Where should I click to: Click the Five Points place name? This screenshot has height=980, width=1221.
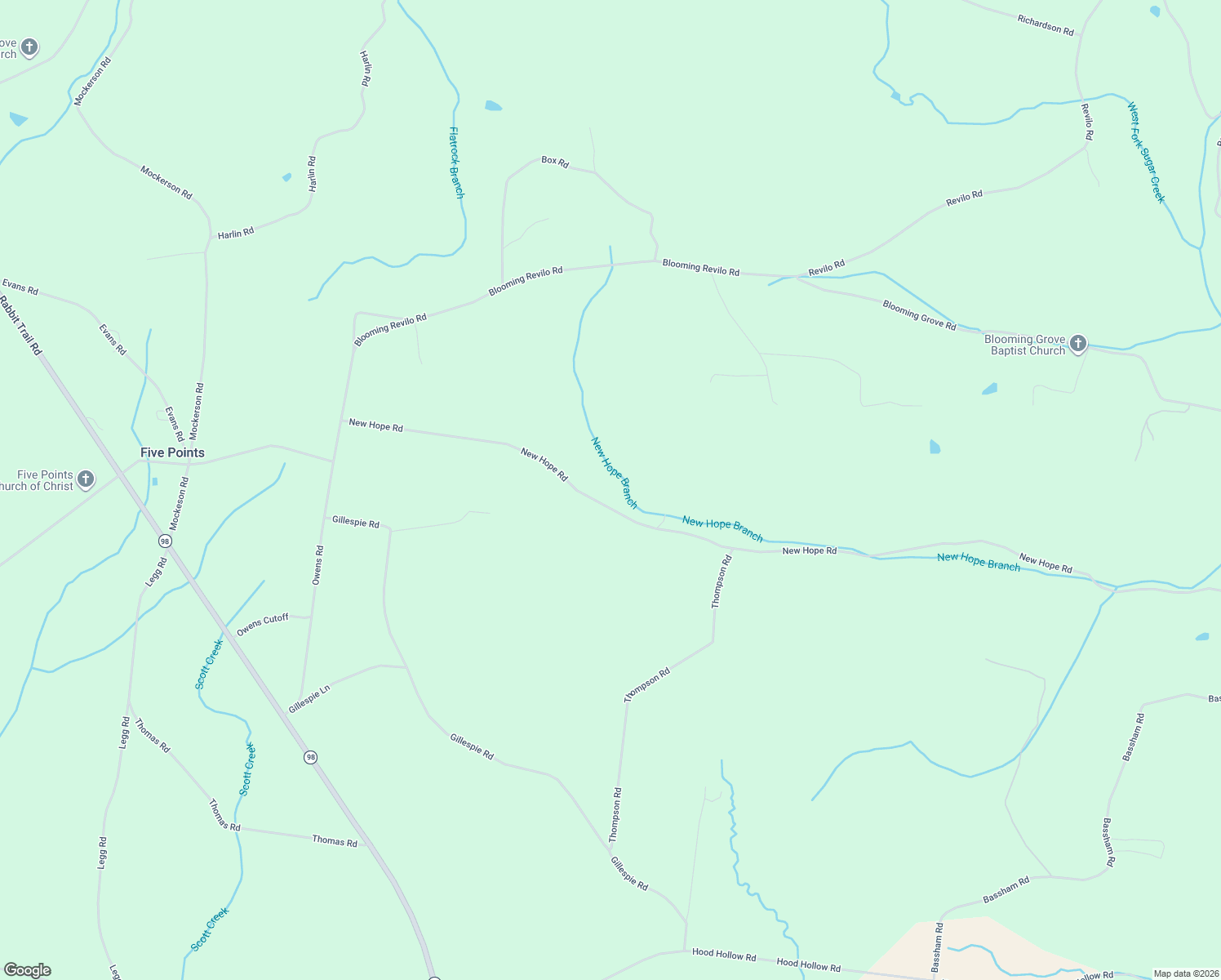tap(172, 452)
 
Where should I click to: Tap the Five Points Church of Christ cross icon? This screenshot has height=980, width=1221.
tap(86, 480)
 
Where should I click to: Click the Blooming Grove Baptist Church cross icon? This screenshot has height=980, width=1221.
tap(1077, 344)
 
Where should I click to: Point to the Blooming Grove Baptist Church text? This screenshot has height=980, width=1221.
tap(1025, 345)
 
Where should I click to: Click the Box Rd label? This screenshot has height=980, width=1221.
tap(555, 162)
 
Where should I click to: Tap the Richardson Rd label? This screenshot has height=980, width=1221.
tap(1045, 24)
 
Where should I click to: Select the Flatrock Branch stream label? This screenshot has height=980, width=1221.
tap(456, 162)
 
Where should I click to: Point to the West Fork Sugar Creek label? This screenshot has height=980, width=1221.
tap(1146, 153)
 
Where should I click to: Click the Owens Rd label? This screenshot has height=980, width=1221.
tap(318, 565)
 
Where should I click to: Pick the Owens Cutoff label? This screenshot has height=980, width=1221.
tap(263, 625)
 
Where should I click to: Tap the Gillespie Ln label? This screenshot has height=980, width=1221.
tap(309, 699)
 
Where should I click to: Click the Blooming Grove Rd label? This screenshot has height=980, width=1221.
tap(919, 314)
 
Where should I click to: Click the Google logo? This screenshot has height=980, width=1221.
tap(27, 970)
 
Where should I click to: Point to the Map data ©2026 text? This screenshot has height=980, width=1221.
tap(1186, 973)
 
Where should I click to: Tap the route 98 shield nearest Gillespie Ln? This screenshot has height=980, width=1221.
tap(310, 757)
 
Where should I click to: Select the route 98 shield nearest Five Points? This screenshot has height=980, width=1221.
tap(165, 541)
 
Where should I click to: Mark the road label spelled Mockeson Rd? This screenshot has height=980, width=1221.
tap(179, 504)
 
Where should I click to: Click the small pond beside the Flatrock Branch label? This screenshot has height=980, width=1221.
tap(493, 106)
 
